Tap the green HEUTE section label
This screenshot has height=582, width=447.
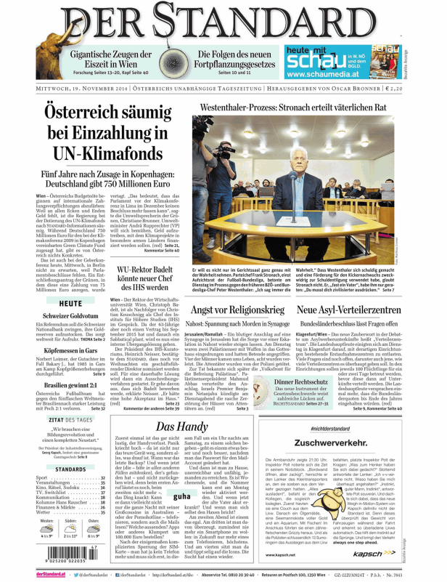tap(70, 283)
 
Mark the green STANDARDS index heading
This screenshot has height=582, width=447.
tap(71, 469)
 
